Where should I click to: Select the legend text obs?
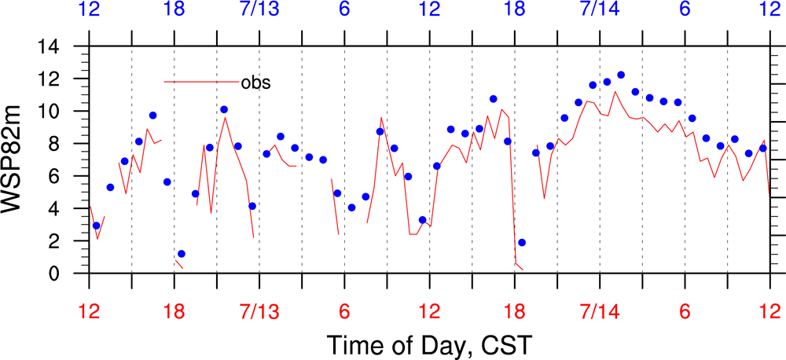point(255,82)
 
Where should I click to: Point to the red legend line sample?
point(200,82)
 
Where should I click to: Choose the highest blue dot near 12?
point(621,75)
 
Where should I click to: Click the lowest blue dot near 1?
point(182,254)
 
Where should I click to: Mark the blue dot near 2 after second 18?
point(522,242)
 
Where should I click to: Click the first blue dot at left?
point(96,226)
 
